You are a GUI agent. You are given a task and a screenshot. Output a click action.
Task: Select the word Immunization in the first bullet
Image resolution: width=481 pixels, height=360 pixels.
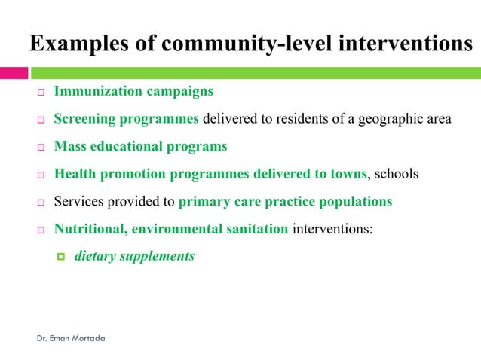96,91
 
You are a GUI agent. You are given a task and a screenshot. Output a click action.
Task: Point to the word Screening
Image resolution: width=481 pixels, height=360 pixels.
84,119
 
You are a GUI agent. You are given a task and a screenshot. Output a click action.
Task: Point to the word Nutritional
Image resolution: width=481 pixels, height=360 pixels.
90,229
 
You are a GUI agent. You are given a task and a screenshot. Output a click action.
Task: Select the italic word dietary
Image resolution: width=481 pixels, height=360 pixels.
96,256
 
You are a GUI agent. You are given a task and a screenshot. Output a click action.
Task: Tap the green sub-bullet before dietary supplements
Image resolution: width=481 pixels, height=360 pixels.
62,257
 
